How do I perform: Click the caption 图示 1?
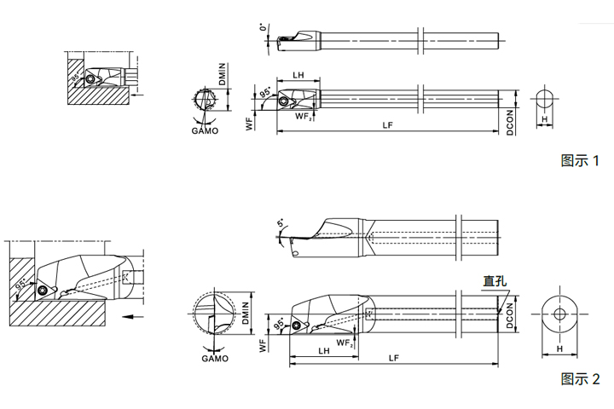pos(580,160)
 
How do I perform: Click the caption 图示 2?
pos(580,379)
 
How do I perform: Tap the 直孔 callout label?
pos(495,281)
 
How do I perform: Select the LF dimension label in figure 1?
pos(388,125)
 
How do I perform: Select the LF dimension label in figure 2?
pos(394,358)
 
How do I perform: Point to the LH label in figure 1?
pos(298,75)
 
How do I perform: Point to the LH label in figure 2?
pos(324,351)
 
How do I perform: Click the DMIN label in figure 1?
pos(223,74)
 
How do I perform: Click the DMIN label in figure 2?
pos(246,313)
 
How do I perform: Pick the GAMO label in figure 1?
pos(205,130)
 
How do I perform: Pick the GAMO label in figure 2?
pos(215,358)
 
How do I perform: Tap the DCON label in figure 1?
pos(509,123)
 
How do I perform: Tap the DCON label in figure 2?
pos(509,315)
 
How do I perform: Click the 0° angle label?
pos(264,27)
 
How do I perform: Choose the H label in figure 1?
pos(544,119)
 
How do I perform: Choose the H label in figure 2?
pos(559,349)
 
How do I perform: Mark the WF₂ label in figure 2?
pos(345,343)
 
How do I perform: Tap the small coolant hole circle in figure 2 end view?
pos(559,314)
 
